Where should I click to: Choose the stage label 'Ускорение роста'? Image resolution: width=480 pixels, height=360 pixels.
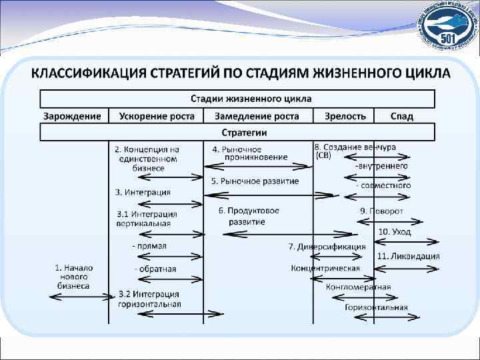[157, 116]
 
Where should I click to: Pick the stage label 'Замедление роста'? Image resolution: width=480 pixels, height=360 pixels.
[257, 116]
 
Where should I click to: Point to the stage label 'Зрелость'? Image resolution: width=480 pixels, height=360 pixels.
[345, 116]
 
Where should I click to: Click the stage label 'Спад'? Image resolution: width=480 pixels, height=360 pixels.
[402, 116]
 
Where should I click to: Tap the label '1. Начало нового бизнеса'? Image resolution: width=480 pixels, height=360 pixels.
[74, 277]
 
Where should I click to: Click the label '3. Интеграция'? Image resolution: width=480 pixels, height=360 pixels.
[143, 192]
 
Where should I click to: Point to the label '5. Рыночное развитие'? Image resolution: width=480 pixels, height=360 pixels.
[255, 181]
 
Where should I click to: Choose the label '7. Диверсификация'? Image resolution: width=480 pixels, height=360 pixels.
[327, 247]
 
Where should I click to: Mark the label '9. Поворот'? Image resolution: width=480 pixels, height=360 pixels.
[382, 211]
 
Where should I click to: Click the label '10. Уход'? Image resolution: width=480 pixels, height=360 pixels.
[395, 232]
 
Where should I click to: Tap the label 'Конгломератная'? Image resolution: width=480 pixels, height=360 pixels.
[359, 287]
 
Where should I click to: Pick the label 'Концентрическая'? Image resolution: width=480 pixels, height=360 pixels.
[325, 268]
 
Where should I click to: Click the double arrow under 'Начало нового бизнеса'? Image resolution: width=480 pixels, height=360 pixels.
[79, 295]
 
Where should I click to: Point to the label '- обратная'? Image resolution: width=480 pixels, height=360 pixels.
[155, 269]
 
